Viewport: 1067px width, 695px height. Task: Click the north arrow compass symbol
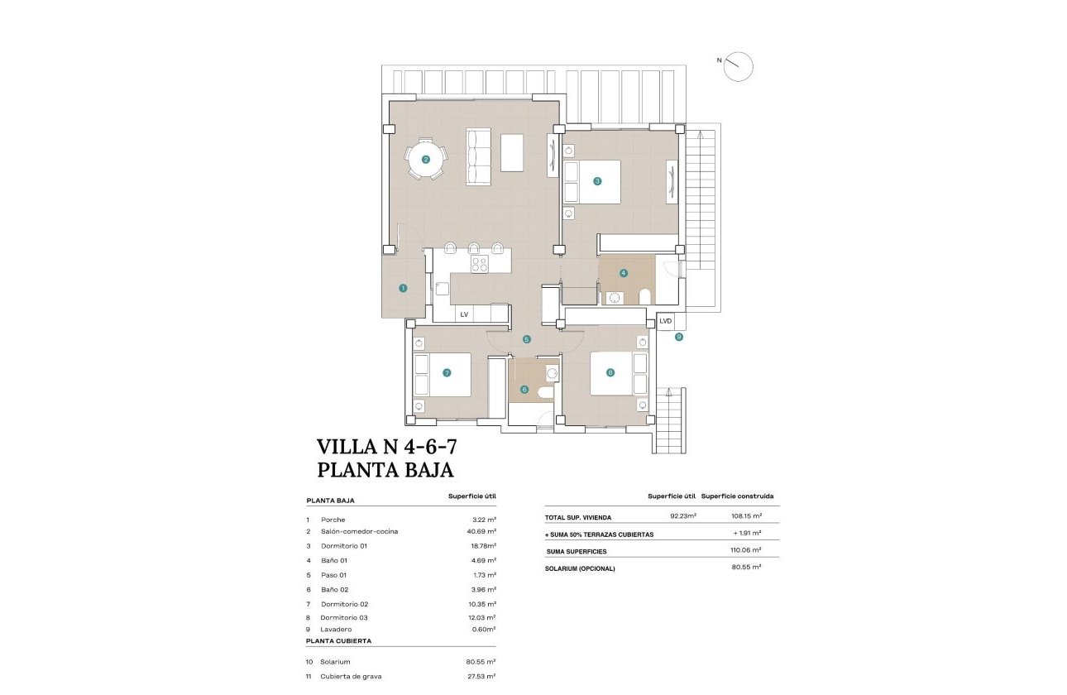pyautogui.click(x=738, y=66)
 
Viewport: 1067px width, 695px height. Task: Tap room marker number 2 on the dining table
pyautogui.click(x=425, y=161)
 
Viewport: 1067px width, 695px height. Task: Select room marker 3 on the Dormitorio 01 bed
pyautogui.click(x=596, y=181)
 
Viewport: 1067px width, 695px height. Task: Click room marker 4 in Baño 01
pyautogui.click(x=624, y=272)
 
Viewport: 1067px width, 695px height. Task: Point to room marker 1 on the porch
pyautogui.click(x=403, y=289)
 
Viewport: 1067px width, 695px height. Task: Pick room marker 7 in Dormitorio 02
pyautogui.click(x=447, y=373)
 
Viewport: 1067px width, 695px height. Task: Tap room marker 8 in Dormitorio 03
pyautogui.click(x=610, y=373)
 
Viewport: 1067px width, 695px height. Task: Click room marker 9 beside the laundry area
pyautogui.click(x=679, y=337)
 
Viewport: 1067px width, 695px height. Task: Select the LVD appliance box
pyautogui.click(x=666, y=321)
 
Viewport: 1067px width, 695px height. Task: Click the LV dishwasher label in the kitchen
pyautogui.click(x=464, y=314)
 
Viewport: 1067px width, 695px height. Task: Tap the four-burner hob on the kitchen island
pyautogui.click(x=480, y=265)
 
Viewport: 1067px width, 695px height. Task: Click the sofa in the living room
pyautogui.click(x=479, y=156)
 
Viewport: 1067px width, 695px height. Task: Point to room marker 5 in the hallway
pyautogui.click(x=526, y=339)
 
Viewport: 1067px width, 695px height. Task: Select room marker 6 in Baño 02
pyautogui.click(x=524, y=390)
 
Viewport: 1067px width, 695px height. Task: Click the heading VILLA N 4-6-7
pyautogui.click(x=386, y=447)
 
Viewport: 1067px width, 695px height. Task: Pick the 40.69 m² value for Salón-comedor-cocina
pyautogui.click(x=481, y=531)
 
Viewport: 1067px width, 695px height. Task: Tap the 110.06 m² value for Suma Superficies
pyautogui.click(x=745, y=550)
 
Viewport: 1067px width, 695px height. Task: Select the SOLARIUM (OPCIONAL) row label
pyautogui.click(x=580, y=568)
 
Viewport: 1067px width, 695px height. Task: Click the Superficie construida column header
pyautogui.click(x=737, y=496)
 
